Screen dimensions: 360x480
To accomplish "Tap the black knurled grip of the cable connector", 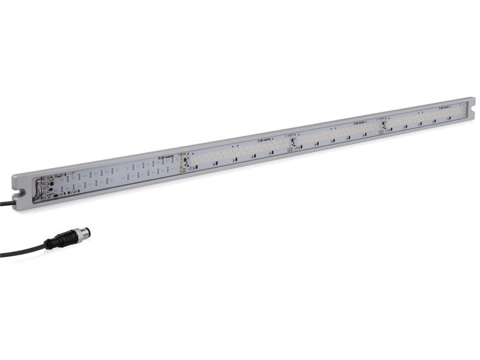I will (x=68, y=238).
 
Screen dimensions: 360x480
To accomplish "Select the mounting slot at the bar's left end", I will (x=20, y=193).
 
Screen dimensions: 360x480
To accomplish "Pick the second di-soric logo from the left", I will (x=265, y=138).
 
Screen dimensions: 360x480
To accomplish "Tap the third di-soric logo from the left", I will (x=359, y=122).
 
